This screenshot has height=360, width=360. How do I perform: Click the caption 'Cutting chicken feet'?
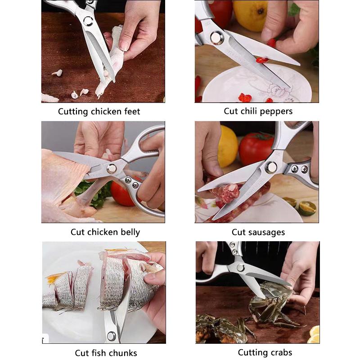click(99, 112)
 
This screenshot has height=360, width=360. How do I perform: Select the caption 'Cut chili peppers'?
click(258, 111)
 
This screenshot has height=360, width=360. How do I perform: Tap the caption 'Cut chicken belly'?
click(105, 232)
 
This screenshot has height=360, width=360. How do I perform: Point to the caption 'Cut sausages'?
click(258, 232)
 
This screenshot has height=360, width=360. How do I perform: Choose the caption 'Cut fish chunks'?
click(106, 353)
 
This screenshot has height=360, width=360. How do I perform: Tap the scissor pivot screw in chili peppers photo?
click(216, 37)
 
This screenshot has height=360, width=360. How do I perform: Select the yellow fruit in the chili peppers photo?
click(250, 13)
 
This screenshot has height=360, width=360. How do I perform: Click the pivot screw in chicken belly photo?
click(111, 168)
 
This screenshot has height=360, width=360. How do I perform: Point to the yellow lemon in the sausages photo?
click(228, 146)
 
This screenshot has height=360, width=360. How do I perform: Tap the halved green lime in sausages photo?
click(307, 207)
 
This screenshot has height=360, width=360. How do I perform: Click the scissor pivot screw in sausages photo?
click(271, 167)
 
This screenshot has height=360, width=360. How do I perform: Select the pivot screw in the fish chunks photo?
click(111, 336)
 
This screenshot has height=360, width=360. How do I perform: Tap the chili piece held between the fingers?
click(271, 43)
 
